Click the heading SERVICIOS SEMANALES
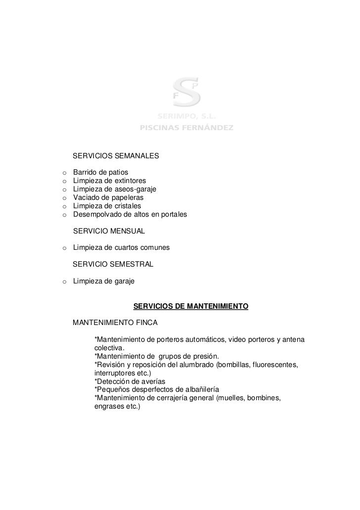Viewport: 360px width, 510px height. coord(116,156)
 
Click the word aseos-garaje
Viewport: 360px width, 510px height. coord(135,189)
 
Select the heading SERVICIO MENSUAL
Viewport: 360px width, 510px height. coord(109,231)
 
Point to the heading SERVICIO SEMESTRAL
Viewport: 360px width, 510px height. coord(113,265)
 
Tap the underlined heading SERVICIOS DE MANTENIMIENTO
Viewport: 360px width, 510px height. coord(191,307)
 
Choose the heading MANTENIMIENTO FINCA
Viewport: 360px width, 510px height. coord(115,323)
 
